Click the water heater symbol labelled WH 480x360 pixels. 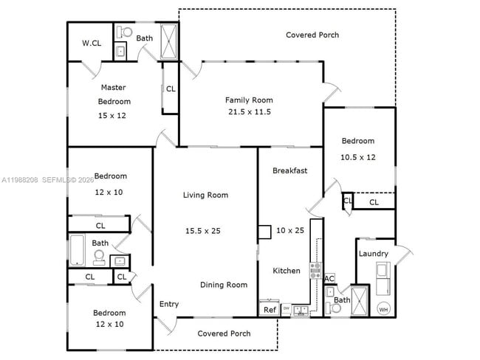(383, 308)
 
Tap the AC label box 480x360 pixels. (330, 278)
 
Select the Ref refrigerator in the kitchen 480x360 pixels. (270, 309)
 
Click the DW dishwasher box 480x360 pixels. (286, 308)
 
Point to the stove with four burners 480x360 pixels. (315, 270)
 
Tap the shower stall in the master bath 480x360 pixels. (168, 41)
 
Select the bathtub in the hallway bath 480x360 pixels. (78, 250)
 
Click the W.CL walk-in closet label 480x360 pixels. (92, 44)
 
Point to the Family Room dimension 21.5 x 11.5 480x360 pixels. (249, 112)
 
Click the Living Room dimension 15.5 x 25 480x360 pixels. (202, 231)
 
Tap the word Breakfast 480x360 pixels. (289, 170)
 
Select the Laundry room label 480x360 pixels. (373, 254)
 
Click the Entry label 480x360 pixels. (169, 304)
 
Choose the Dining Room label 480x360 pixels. (224, 285)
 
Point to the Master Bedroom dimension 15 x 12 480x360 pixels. (114, 116)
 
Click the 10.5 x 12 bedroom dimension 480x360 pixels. (357, 157)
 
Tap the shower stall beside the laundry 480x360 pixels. (360, 300)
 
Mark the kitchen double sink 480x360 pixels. (301, 311)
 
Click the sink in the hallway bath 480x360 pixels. (118, 260)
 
